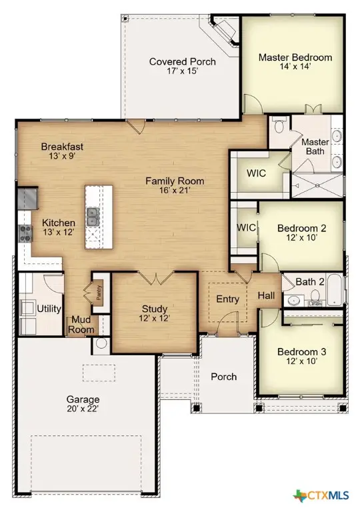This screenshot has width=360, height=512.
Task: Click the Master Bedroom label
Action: tap(295, 57)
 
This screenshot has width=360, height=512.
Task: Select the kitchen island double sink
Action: tap(93, 215)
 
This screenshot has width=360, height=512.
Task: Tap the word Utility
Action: tap(50, 309)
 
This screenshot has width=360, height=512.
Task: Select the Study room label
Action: tap(154, 309)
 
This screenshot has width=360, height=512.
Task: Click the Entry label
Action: tap(227, 299)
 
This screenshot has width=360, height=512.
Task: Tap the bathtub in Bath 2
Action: tap(335, 291)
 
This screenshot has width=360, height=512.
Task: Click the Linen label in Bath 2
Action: tap(315, 303)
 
